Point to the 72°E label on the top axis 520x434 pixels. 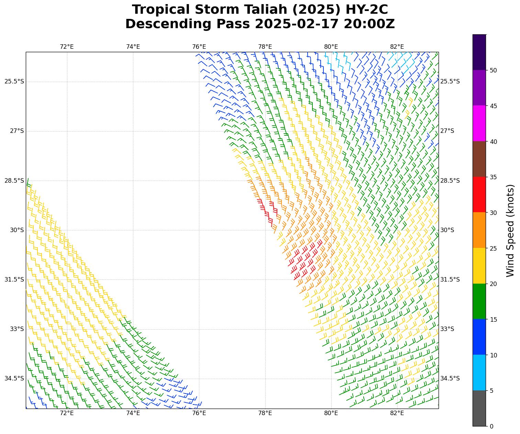[x=67, y=47]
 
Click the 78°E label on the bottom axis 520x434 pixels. [x=265, y=413]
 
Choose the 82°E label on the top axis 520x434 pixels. [x=397, y=47]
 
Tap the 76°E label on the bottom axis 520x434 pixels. [x=199, y=413]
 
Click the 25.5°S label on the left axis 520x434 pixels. [x=14, y=81]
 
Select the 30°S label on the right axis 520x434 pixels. [x=447, y=230]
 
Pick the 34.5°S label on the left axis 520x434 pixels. [x=14, y=378]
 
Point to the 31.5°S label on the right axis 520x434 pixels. [x=450, y=279]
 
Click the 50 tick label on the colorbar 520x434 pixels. [x=493, y=70]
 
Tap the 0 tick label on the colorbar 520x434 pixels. [x=491, y=426]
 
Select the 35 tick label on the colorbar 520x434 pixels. [x=493, y=177]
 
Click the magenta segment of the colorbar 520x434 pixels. [x=479, y=123]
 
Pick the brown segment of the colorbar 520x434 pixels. [x=479, y=159]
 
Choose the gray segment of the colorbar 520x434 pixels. [x=479, y=408]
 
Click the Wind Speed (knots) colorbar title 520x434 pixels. [x=511, y=230]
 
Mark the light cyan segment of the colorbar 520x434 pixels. [x=479, y=373]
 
